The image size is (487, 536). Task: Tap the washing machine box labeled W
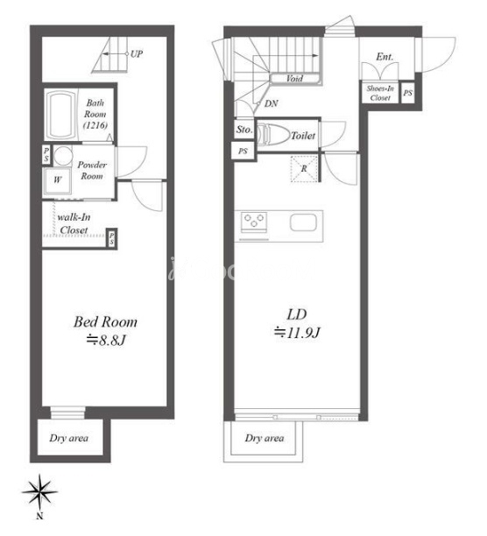(57, 180)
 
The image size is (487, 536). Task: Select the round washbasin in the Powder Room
(63, 156)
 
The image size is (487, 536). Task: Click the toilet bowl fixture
(273, 134)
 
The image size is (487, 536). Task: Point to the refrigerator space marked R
(304, 169)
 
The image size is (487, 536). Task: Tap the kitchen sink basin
(303, 222)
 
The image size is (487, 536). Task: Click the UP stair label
(137, 54)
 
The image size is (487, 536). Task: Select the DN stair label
(271, 103)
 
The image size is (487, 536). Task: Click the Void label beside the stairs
(294, 79)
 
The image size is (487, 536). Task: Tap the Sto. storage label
(244, 130)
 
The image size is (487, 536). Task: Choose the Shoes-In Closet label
(380, 93)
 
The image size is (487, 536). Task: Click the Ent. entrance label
(385, 57)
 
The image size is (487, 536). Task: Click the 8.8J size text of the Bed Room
(106, 340)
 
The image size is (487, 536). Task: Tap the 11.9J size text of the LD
(297, 332)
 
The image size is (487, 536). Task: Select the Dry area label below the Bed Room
(68, 438)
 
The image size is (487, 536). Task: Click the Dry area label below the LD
(265, 438)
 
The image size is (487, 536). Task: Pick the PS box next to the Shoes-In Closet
(407, 93)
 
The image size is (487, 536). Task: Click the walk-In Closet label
(74, 223)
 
